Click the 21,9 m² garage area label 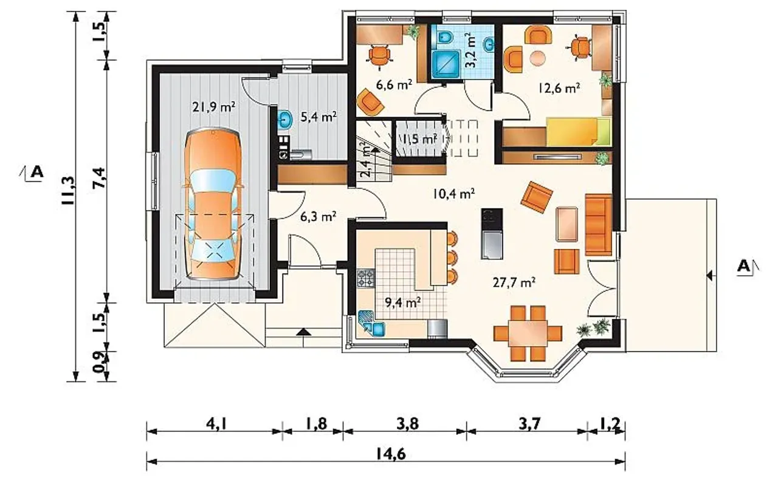tap(213, 106)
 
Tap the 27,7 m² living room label tap(514, 283)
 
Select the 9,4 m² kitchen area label tap(403, 302)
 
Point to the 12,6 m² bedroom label tap(559, 88)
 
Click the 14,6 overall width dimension tap(390, 454)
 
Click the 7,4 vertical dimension tap(99, 178)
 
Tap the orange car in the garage tap(213, 205)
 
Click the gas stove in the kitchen tap(366, 278)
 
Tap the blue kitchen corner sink tap(371, 324)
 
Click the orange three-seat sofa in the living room tap(599, 225)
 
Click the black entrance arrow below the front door tap(304, 332)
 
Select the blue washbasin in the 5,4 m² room tap(286, 120)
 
